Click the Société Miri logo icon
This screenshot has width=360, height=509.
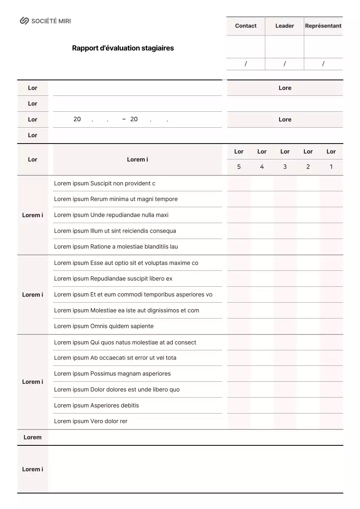(x=25, y=21)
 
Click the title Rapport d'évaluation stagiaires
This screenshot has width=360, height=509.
(x=123, y=48)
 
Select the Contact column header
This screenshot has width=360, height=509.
(x=246, y=26)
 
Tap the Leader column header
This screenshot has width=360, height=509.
(x=285, y=26)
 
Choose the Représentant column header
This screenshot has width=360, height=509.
(x=323, y=26)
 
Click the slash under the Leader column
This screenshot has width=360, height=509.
(x=285, y=64)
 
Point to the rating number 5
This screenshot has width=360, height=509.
(x=239, y=167)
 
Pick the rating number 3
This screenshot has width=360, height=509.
(x=285, y=167)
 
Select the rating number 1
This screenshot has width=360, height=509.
(x=331, y=167)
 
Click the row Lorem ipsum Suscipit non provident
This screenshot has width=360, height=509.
(x=105, y=183)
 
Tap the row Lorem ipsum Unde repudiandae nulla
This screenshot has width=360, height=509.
(x=111, y=215)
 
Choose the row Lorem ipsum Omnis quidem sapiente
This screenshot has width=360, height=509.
(x=104, y=326)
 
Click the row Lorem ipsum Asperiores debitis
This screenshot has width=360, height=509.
(x=97, y=406)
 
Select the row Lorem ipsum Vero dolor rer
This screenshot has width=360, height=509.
(x=91, y=421)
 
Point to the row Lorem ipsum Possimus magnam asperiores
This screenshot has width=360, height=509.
(x=112, y=374)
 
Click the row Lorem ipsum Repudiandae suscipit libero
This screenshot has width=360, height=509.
(x=113, y=279)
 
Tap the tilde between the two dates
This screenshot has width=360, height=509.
(x=124, y=119)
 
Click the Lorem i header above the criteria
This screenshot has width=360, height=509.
(x=137, y=159)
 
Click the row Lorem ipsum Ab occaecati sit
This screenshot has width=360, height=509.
(x=115, y=358)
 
